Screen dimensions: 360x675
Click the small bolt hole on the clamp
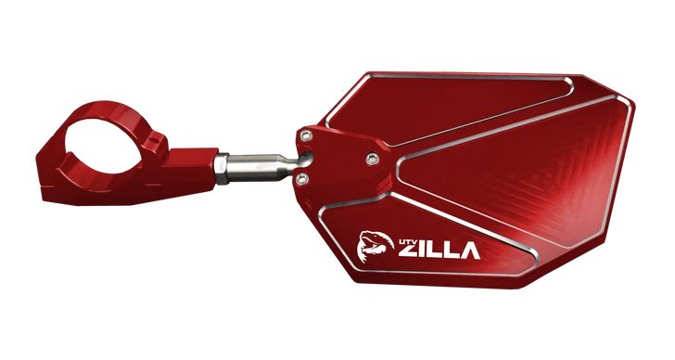point(159,141)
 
